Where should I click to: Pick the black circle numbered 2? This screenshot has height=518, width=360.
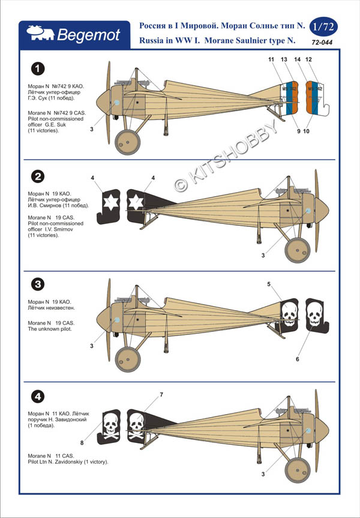pyautogui.click(x=38, y=176)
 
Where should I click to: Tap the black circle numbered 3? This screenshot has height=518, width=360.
pyautogui.click(x=38, y=284)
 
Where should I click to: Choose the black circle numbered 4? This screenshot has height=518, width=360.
pyautogui.click(x=38, y=396)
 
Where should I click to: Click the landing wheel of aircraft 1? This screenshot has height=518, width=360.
pyautogui.click(x=127, y=142)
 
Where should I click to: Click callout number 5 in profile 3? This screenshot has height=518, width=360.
pyautogui.click(x=269, y=283)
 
